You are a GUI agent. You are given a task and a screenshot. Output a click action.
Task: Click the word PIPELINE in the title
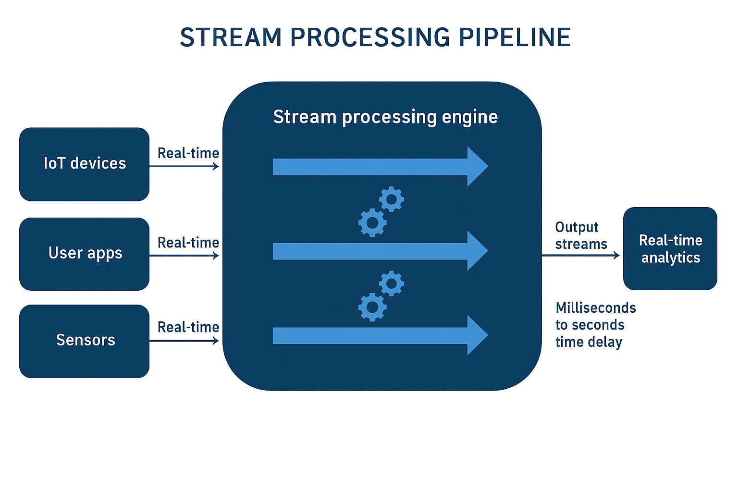click(x=514, y=37)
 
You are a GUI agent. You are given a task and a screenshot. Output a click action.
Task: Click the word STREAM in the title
click(x=231, y=37)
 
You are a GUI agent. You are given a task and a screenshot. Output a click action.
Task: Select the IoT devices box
click(x=85, y=164)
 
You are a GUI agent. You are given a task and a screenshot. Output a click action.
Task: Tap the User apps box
click(x=85, y=254)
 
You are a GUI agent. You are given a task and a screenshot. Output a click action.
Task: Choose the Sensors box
click(x=85, y=341)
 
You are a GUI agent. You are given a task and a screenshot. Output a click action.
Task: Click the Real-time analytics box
click(x=670, y=248)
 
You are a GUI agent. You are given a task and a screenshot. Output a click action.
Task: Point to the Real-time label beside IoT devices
click(x=188, y=153)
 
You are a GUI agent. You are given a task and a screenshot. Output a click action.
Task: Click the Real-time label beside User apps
click(x=188, y=243)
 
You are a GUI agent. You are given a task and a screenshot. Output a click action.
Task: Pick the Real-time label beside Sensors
click(x=188, y=327)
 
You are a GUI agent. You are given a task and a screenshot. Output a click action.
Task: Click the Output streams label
click(x=581, y=235)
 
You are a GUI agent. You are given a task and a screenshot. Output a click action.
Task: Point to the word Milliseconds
click(x=596, y=308)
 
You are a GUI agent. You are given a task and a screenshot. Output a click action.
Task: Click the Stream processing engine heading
click(x=385, y=117)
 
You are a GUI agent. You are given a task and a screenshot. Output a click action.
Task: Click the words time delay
click(x=589, y=342)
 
